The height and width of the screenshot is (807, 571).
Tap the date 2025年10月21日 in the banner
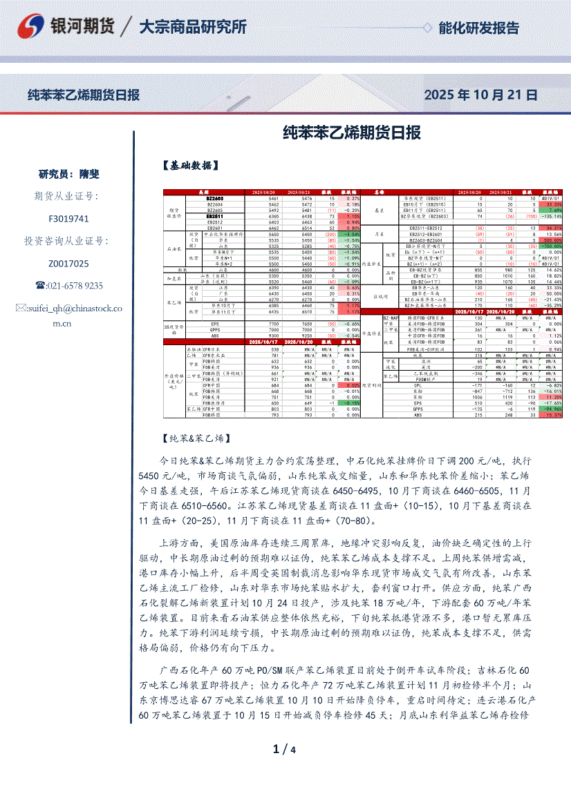click(x=480, y=95)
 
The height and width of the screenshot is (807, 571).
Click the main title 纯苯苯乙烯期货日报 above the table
click(x=353, y=133)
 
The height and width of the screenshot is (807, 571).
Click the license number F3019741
click(x=69, y=219)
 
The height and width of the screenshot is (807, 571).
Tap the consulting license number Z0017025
click(x=69, y=264)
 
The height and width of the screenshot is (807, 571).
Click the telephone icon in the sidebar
click(x=40, y=286)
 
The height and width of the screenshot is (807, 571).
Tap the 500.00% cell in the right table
click(x=552, y=240)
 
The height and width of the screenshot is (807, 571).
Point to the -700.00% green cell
click(x=552, y=246)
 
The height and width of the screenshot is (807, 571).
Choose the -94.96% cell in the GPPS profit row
click(x=552, y=409)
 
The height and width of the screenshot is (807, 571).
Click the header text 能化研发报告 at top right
click(x=478, y=28)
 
